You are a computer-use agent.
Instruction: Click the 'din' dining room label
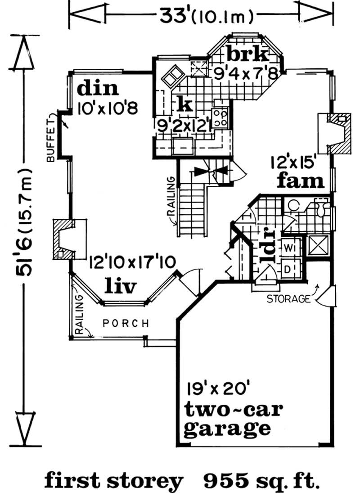[98, 88]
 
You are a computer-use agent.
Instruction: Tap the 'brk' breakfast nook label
[247, 55]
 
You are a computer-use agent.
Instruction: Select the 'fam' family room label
[301, 181]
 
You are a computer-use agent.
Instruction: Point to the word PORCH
[126, 323]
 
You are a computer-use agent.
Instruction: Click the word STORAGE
[288, 298]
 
